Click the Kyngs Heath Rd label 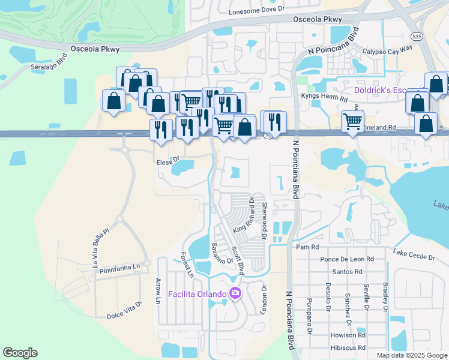point(324,97)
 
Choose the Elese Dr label point(167,160)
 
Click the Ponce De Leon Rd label point(347,259)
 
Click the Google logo point(20,353)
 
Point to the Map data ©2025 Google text point(412,355)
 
